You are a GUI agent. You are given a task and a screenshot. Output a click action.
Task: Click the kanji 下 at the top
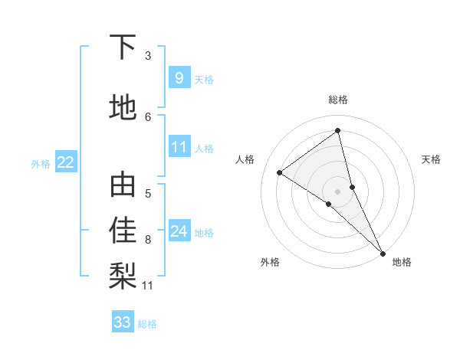(123, 48)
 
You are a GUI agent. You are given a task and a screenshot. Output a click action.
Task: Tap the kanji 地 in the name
(123, 108)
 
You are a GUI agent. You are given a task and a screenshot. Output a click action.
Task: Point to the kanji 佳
(123, 230)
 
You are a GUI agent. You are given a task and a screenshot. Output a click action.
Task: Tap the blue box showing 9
(179, 78)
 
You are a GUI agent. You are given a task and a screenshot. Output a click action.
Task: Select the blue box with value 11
(179, 147)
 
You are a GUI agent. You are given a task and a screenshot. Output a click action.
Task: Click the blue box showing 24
(179, 231)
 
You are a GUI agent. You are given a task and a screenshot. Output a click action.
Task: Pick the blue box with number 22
(66, 162)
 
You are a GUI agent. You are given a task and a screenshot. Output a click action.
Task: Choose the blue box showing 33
(123, 322)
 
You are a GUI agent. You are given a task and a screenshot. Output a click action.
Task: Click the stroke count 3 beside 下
(148, 56)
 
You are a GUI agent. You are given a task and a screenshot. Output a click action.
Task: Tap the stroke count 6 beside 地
(148, 116)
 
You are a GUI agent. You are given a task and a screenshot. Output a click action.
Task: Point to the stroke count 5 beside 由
(148, 193)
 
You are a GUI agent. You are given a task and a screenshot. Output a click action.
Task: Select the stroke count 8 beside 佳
(148, 240)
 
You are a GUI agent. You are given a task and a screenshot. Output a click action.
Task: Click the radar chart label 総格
(337, 100)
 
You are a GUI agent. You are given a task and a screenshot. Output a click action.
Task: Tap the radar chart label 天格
(432, 159)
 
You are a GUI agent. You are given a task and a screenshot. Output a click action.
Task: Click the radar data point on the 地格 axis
(382, 252)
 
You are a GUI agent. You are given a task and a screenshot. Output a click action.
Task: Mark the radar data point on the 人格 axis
(280, 172)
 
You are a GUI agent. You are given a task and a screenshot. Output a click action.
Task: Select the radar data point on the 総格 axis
(337, 130)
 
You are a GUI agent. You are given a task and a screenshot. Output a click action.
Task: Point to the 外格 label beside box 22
(41, 162)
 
